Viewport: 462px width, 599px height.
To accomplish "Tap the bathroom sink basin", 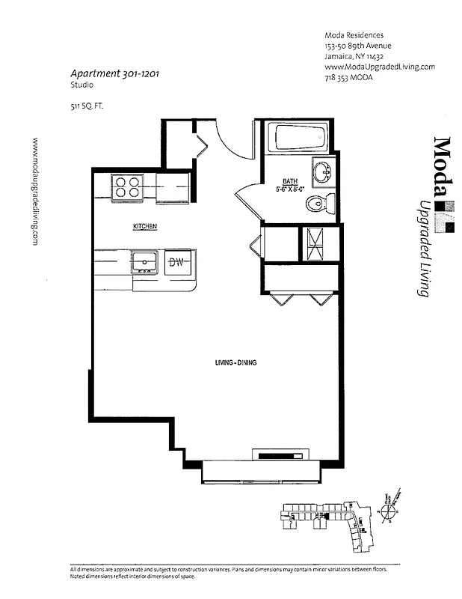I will pyautogui.click(x=323, y=171).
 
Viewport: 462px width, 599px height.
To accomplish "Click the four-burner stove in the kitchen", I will pyautogui.click(x=127, y=186).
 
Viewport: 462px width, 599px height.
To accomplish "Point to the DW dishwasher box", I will pyautogui.click(x=177, y=262).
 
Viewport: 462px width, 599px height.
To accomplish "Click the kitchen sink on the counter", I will pyautogui.click(x=144, y=262).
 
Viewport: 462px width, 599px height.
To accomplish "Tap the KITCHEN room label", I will pyautogui.click(x=144, y=226).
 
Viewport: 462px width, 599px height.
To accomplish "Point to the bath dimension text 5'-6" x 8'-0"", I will pyautogui.click(x=290, y=189).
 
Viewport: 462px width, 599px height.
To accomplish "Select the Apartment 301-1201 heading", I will pyautogui.click(x=114, y=73).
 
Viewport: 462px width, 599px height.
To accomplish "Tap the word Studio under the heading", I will pyautogui.click(x=81, y=86).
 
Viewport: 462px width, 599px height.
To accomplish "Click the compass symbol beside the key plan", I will pyautogui.click(x=389, y=511).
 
